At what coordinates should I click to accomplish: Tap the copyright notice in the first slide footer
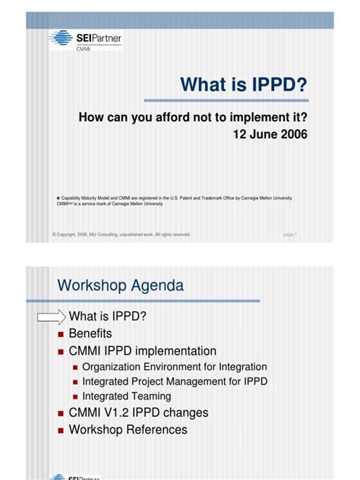(x=122, y=235)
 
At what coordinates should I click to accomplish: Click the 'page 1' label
(x=289, y=235)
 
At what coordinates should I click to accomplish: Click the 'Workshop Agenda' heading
(x=120, y=286)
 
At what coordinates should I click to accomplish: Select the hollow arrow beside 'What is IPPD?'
(x=52, y=317)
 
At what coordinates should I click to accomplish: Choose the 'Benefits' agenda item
(x=90, y=333)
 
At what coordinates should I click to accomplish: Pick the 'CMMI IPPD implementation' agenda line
(x=142, y=351)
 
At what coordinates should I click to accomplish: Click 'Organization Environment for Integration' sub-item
(x=174, y=367)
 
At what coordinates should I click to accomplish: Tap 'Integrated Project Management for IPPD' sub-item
(x=175, y=381)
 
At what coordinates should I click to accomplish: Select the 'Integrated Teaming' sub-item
(x=126, y=396)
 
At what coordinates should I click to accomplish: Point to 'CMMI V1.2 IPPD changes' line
(x=138, y=413)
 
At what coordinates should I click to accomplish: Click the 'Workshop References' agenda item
(x=128, y=430)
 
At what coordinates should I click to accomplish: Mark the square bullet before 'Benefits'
(x=61, y=334)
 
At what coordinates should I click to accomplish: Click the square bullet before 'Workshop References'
(x=61, y=431)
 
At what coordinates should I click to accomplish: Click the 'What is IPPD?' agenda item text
(x=107, y=317)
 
